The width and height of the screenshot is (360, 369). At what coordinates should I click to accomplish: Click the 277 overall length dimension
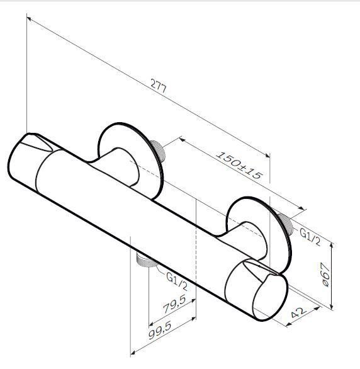(x=159, y=87)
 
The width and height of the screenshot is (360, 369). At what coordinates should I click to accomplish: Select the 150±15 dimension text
(x=239, y=166)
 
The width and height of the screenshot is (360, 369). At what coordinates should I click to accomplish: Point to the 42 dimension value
(x=298, y=312)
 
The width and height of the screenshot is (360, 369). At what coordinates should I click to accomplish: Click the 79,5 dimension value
(x=174, y=304)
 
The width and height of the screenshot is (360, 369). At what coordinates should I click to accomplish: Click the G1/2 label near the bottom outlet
(x=177, y=281)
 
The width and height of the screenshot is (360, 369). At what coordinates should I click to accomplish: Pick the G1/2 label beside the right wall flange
(x=310, y=237)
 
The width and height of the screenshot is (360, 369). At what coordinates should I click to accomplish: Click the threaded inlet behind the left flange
(x=158, y=151)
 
